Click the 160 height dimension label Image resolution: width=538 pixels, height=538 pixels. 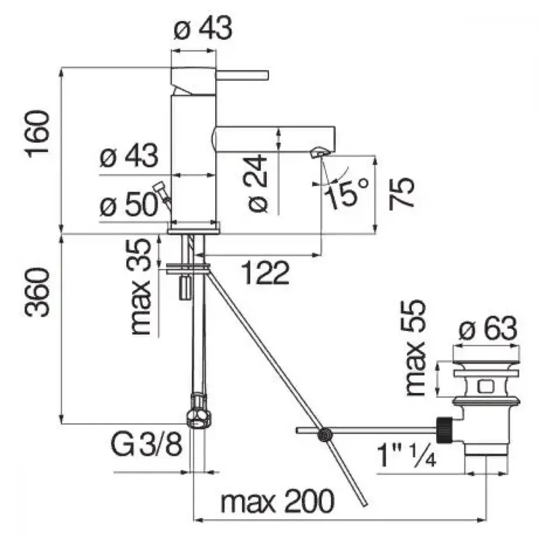(38, 134)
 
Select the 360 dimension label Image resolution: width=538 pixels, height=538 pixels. (38, 293)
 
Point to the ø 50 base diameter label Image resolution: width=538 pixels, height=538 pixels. (129, 206)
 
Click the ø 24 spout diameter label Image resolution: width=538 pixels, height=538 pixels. (256, 183)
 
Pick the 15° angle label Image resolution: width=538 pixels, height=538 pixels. (346, 193)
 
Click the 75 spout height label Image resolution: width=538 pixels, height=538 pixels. (402, 193)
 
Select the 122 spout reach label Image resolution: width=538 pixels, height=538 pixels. (266, 273)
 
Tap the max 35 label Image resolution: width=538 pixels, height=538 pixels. (141, 287)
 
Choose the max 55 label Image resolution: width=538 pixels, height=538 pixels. (415, 348)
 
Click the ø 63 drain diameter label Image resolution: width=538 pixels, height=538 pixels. (487, 328)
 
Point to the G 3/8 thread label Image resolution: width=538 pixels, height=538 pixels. (146, 444)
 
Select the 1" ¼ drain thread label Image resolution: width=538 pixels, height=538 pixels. (407, 455)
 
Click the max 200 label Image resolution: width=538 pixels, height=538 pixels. (277, 501)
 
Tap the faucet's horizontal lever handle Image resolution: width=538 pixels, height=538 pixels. (242, 75)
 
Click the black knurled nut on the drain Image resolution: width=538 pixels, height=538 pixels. (445, 429)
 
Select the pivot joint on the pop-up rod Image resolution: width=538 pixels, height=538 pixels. (324, 435)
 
